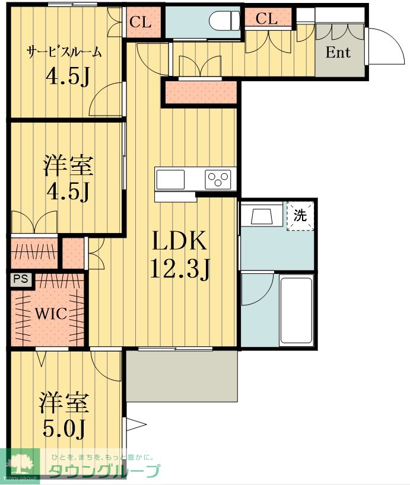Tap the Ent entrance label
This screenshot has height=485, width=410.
[338, 52]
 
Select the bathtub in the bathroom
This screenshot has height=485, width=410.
[296, 310]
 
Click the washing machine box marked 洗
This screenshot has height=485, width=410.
[300, 216]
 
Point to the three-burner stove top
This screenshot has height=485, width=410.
[218, 180]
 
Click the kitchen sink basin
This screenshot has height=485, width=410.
[170, 180]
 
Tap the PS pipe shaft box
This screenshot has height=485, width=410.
[20, 279]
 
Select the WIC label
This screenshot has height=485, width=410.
[50, 314]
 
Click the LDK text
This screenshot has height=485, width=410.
[179, 241]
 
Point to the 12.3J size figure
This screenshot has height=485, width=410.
[180, 269]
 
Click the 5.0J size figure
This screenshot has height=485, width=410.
[63, 429]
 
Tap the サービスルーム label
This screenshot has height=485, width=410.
[64, 52]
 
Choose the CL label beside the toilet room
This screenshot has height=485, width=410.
[140, 23]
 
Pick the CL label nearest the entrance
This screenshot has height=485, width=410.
[266, 18]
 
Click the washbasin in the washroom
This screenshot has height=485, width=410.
[262, 216]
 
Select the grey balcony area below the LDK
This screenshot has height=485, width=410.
[182, 376]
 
